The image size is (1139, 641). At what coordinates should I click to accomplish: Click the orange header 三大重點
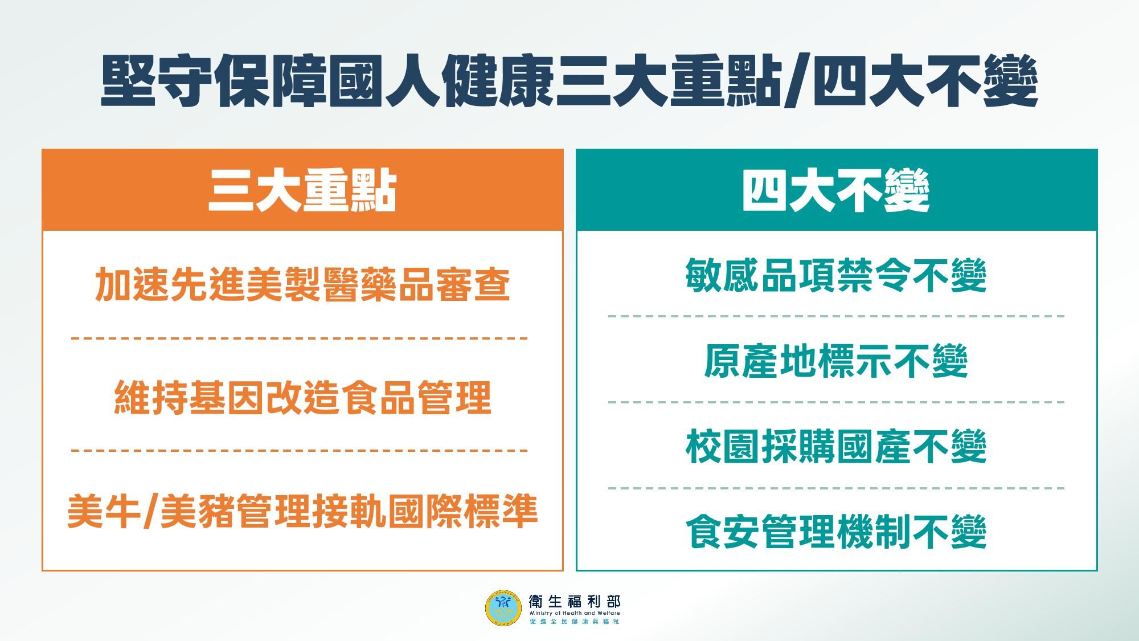302,190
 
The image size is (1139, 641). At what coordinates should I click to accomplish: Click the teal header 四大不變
836,190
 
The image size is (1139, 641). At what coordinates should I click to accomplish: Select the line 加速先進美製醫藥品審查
302,284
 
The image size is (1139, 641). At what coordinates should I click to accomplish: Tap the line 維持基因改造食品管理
302,397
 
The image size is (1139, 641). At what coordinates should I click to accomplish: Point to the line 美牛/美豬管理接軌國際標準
302,511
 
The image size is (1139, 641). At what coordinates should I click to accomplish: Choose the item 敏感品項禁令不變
836,276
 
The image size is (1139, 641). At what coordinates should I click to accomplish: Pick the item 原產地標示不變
836,361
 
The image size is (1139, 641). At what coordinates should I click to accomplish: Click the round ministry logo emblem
503,608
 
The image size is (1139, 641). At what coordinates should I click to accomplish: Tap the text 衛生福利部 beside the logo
574,601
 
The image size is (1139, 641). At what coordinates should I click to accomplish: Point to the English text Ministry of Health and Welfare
574,613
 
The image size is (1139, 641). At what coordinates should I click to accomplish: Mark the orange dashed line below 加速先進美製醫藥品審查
300,338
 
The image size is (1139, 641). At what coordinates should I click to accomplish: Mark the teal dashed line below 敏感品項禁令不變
836,316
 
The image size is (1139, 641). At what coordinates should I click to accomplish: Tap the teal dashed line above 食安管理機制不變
836,488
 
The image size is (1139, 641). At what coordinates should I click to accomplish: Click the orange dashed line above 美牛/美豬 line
300,451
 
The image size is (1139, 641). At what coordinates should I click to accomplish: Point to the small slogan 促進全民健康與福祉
574,622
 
